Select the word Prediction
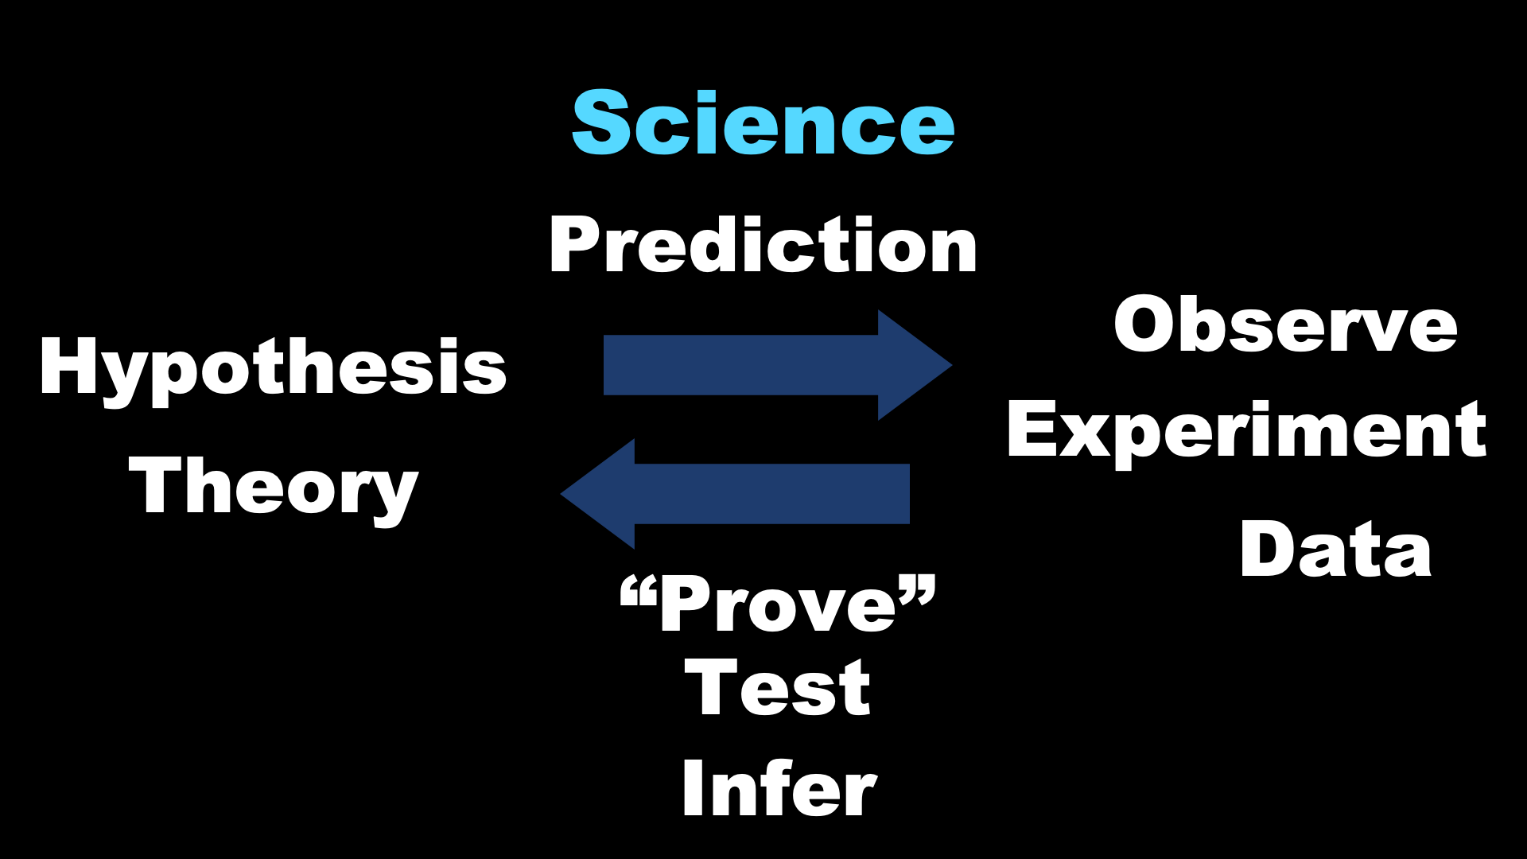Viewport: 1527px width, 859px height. click(763, 245)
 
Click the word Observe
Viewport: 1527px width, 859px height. click(1285, 324)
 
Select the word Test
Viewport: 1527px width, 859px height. click(777, 689)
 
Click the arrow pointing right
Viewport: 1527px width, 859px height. click(778, 365)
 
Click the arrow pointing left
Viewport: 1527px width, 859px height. click(735, 494)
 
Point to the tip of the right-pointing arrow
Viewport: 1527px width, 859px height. click(952, 365)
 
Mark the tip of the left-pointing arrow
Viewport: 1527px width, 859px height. click(561, 494)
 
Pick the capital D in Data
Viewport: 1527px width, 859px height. click(1269, 549)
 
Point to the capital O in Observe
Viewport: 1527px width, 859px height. click(1146, 324)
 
